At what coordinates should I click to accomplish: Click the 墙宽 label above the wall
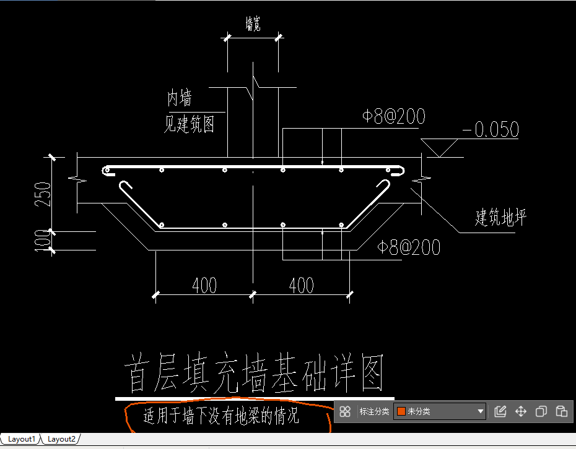tap(253, 24)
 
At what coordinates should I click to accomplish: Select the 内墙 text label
tap(179, 98)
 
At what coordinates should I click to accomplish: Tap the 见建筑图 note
tap(189, 124)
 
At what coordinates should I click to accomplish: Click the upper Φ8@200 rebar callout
tap(394, 116)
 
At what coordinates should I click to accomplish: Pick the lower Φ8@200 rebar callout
tap(409, 247)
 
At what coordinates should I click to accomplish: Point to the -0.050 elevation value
tap(491, 129)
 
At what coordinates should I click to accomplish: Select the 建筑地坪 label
tap(500, 217)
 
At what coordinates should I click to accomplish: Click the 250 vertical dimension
tap(43, 194)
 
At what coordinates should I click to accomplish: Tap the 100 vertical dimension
tap(43, 241)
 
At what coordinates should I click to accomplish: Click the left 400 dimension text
tap(204, 285)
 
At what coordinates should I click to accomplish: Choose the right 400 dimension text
tap(302, 285)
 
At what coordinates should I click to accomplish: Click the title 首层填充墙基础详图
tap(254, 373)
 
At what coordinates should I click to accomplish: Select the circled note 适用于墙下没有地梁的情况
tap(221, 416)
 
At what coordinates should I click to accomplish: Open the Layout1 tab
tap(21, 439)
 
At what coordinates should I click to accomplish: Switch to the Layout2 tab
tap(61, 439)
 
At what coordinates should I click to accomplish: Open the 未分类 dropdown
tap(440, 411)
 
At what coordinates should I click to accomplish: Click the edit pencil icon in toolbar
tap(500, 411)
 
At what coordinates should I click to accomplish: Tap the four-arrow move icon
tap(521, 411)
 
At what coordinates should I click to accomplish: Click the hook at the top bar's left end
tap(107, 171)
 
